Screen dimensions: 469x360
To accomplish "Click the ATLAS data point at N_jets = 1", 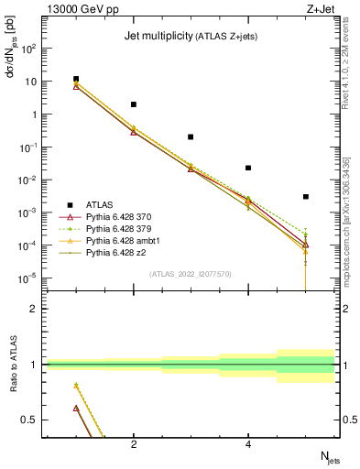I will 76,80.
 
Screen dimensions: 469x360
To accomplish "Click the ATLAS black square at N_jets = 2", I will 134,104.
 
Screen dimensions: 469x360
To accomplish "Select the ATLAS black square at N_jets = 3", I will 191,136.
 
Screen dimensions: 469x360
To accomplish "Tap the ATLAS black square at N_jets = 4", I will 248,168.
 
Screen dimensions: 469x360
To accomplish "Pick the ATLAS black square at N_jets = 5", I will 306,197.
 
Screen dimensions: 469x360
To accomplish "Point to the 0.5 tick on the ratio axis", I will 37,420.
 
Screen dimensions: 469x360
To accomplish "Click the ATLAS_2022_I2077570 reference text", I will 190,273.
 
